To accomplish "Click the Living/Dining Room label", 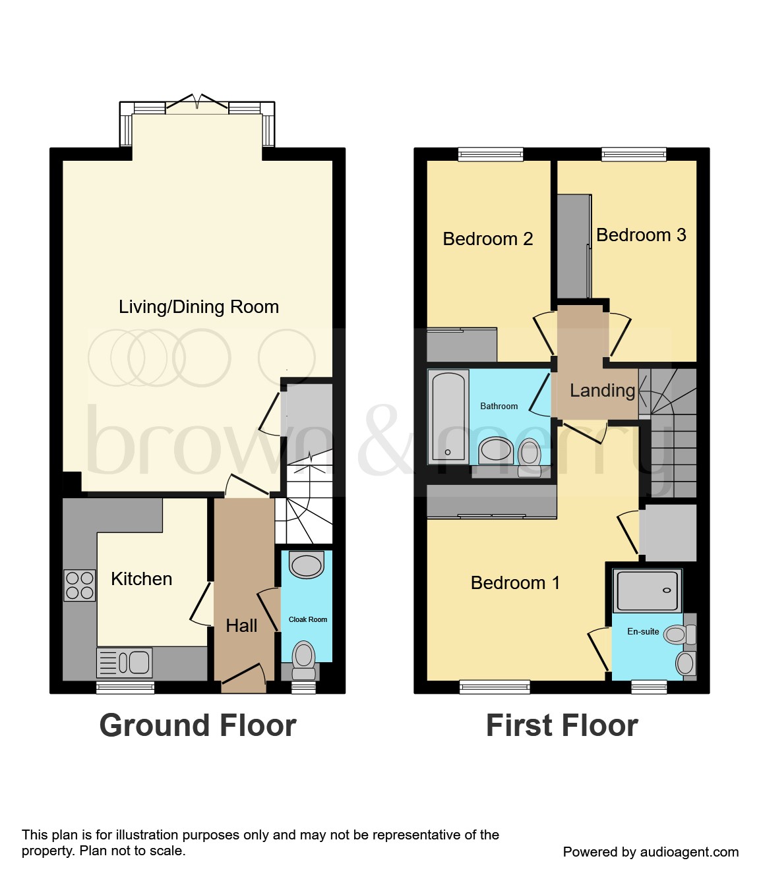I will (x=198, y=307).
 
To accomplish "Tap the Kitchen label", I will (x=141, y=579).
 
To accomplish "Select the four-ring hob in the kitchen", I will (x=80, y=585).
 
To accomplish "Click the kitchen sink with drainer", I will (x=125, y=662).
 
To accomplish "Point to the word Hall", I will (x=241, y=626).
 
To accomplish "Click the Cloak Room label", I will (x=308, y=619).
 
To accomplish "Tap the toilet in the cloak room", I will (x=304, y=659).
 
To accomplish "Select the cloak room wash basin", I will (x=307, y=565).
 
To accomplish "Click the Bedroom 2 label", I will (x=487, y=239).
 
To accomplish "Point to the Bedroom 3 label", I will (x=641, y=235).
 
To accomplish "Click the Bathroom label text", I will (x=499, y=407).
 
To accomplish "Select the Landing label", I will (x=602, y=391).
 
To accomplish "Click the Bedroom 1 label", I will (x=515, y=583).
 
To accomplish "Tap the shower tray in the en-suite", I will (x=647, y=590).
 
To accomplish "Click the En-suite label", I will (x=643, y=631).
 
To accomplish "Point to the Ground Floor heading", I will (x=198, y=725).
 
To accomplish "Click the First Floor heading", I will (x=562, y=725).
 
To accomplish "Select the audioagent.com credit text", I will (x=650, y=852).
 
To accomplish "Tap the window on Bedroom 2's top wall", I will (x=491, y=154).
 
